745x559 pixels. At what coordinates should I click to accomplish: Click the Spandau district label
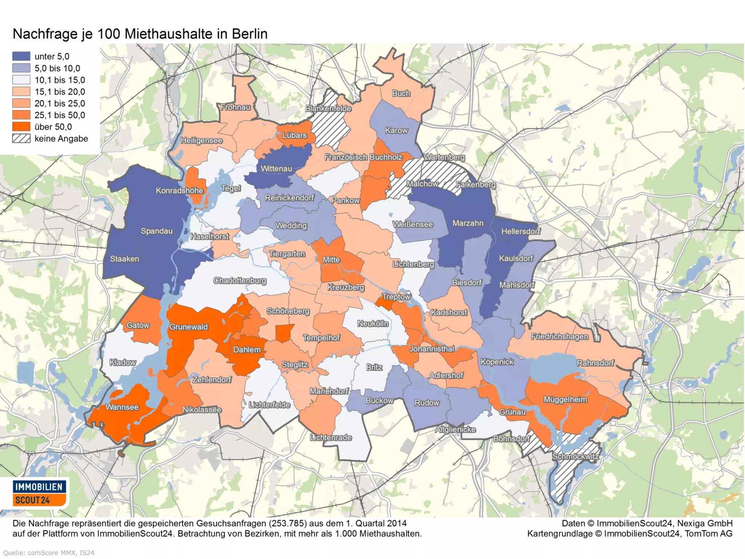click(157, 231)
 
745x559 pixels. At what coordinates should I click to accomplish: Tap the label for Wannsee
click(122, 407)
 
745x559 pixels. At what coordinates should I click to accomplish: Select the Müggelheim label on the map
click(565, 400)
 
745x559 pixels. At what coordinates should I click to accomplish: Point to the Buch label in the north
click(401, 94)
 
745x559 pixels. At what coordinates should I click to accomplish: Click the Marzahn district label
click(468, 223)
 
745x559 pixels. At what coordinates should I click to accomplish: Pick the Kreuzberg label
click(346, 288)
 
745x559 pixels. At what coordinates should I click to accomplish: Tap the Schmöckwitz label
click(575, 456)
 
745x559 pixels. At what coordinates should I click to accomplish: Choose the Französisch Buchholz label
click(363, 157)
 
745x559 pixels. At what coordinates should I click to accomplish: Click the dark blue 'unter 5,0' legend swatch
click(21, 56)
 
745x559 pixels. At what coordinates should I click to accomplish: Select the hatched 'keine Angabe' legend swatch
click(21, 139)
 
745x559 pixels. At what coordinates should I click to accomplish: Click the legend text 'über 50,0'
click(53, 127)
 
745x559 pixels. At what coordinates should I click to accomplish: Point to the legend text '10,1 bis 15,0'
click(60, 80)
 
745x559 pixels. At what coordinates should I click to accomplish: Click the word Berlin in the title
click(250, 34)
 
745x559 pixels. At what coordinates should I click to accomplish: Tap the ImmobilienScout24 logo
click(39, 493)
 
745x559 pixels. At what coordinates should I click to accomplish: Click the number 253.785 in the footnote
click(286, 523)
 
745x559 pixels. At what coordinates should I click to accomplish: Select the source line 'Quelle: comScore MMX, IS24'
click(49, 553)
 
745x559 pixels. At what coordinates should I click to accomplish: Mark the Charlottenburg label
click(240, 281)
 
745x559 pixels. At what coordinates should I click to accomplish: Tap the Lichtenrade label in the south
click(331, 437)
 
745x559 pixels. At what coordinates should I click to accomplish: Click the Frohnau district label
click(236, 107)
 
